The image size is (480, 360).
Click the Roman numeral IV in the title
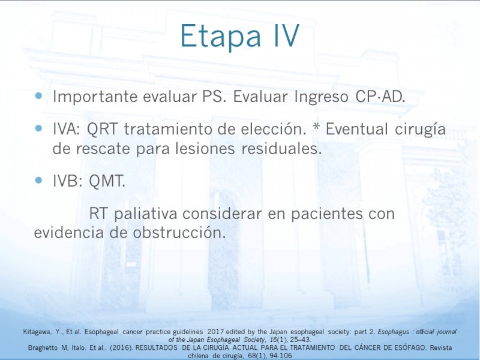286,36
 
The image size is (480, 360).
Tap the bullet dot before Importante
38,96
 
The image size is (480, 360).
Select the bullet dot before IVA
38,128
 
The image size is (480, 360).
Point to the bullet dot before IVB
38,180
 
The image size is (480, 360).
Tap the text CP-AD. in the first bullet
380,97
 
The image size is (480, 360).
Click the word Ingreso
321,97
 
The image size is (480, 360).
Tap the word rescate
103,149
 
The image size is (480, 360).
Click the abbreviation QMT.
107,181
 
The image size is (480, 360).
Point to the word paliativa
146,214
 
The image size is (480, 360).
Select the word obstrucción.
179,233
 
